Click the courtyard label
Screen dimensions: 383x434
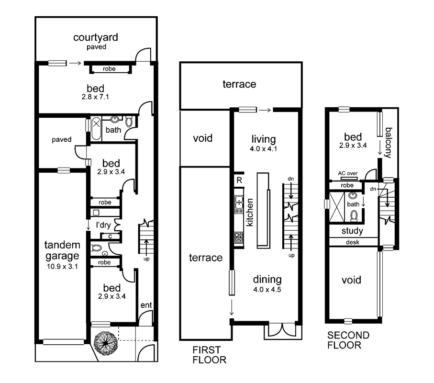(x=96, y=37)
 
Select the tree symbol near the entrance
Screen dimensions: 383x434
(x=104, y=341)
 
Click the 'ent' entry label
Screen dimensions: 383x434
(x=146, y=305)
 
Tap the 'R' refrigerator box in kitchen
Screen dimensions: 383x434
(x=239, y=180)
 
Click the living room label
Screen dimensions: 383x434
(x=264, y=139)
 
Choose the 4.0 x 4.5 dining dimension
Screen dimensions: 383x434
(x=267, y=289)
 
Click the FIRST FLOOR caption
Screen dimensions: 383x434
(x=209, y=355)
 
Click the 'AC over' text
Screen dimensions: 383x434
(x=348, y=174)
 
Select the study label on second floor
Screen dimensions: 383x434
(x=352, y=231)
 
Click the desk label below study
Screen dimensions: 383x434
(x=352, y=242)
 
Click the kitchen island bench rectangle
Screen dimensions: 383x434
(x=262, y=210)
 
